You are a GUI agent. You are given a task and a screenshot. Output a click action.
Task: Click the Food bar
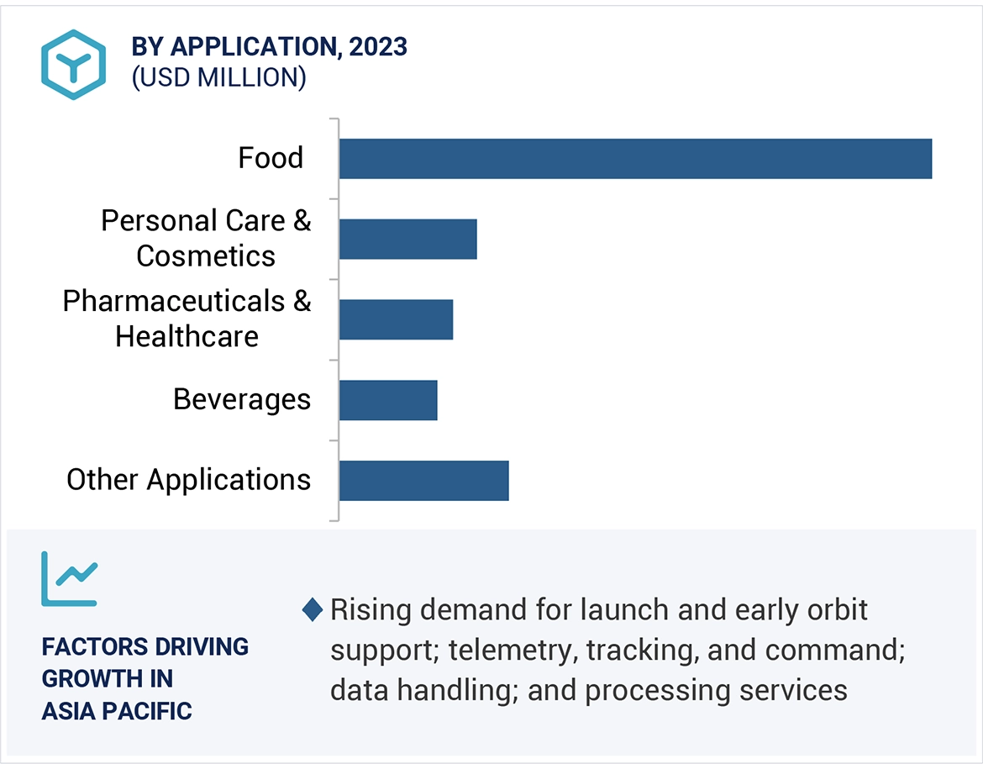tap(635, 159)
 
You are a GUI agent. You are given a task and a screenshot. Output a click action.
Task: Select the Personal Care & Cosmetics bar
tap(407, 240)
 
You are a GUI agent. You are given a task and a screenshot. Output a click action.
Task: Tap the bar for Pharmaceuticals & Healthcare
tap(396, 319)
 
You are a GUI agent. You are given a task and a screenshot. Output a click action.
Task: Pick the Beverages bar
tap(388, 400)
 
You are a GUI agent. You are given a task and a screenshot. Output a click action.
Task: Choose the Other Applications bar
tap(423, 481)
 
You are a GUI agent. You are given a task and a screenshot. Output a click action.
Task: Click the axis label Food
tap(271, 158)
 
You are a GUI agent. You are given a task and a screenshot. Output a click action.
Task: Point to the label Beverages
tap(242, 399)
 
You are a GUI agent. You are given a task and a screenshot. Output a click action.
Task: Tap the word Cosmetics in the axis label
tap(206, 256)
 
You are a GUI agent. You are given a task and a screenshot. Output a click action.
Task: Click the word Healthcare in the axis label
tap(187, 337)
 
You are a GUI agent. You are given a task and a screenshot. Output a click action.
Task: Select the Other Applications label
tap(189, 480)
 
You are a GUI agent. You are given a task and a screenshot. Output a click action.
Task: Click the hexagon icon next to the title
tap(74, 65)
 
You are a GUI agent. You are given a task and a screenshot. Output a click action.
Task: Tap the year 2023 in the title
tap(379, 47)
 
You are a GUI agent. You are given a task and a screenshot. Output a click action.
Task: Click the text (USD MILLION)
tap(218, 77)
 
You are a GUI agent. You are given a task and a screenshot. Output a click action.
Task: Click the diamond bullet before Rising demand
tap(313, 610)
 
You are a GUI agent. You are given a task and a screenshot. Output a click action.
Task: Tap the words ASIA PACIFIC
tap(117, 711)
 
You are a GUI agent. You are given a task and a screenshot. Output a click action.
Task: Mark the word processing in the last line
tap(653, 690)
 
